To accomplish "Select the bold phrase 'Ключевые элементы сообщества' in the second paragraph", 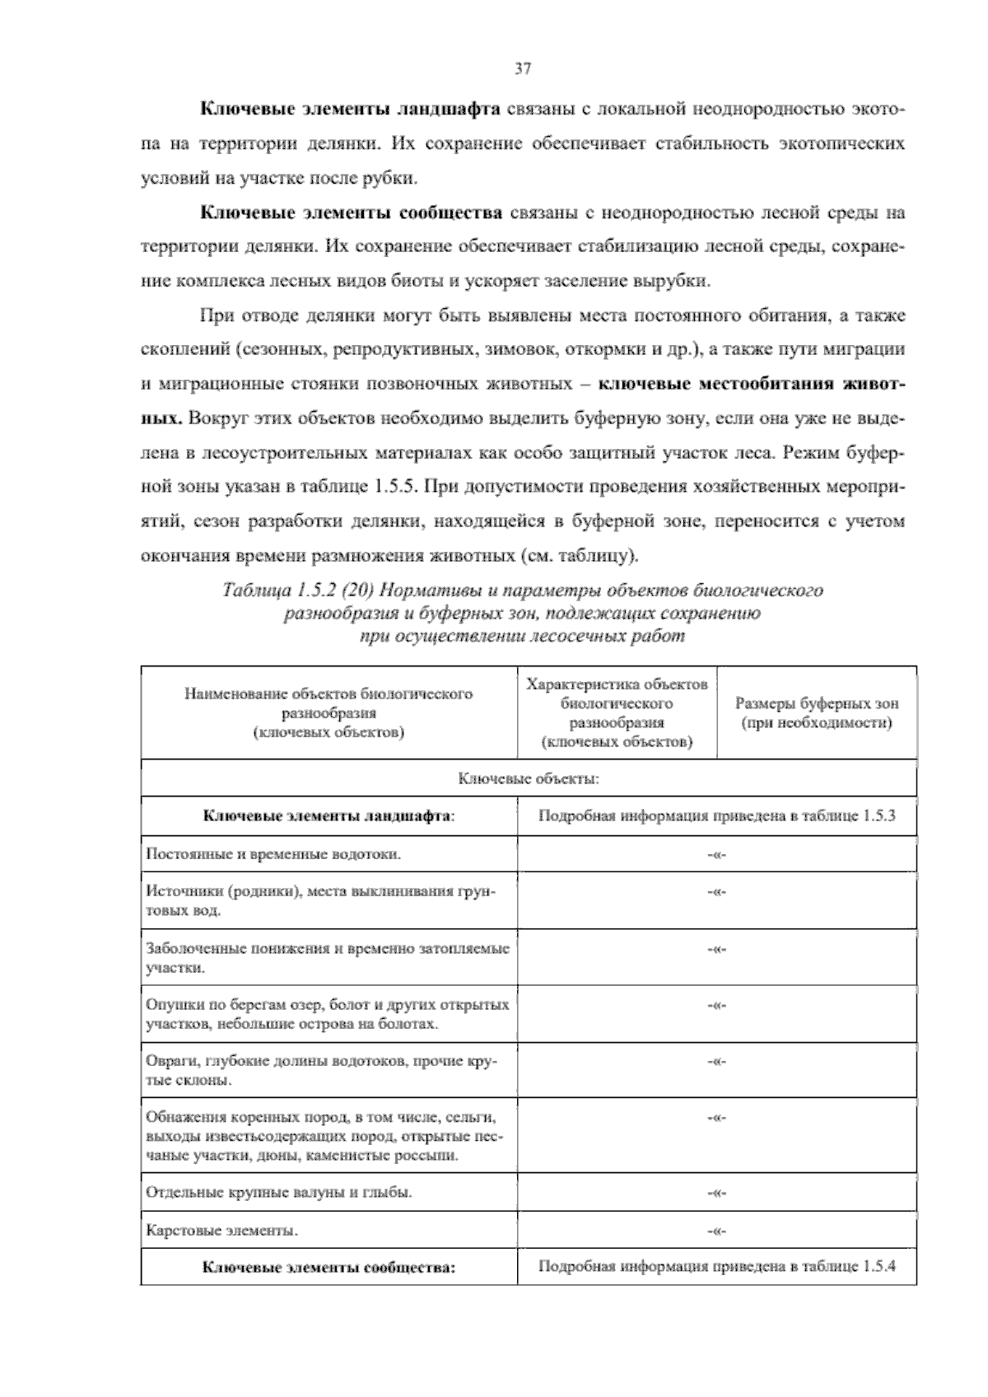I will (352, 213).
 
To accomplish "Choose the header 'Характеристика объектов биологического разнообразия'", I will (617, 713).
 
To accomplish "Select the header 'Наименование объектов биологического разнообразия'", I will (329, 712).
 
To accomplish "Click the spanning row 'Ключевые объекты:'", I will (528, 778).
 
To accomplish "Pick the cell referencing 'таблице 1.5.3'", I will (716, 816).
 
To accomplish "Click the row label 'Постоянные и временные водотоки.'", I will (273, 853).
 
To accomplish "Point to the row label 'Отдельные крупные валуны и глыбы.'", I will (279, 1192).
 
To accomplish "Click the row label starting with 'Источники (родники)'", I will (320, 900).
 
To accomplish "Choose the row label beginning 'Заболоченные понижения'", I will (327, 957).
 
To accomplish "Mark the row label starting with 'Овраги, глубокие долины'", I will (320, 1070).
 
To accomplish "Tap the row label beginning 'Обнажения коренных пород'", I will (324, 1136).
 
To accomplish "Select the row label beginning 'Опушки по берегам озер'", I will (327, 1014).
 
